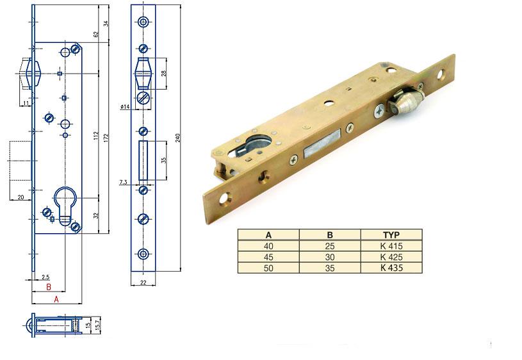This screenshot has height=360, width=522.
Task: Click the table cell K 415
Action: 391,246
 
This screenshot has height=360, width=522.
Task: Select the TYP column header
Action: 391,235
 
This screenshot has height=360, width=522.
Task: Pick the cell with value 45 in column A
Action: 268,257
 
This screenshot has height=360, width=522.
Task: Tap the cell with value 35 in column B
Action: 330,268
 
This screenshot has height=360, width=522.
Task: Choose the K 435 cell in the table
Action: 391,268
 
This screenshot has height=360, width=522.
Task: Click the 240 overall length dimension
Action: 178,138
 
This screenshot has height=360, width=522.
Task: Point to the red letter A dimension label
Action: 56,299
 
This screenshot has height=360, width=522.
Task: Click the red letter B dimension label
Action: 49,287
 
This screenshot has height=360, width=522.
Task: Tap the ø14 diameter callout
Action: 125,106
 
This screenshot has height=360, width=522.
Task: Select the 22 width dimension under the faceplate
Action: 143,282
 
